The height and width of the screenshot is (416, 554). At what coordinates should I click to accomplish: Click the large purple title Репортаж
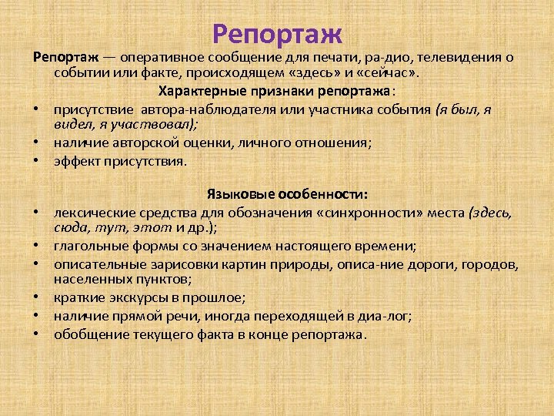(x=277, y=34)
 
